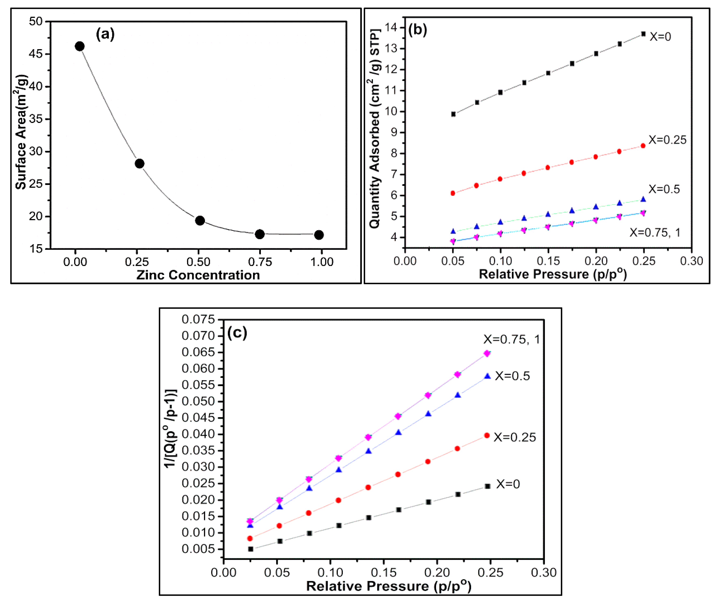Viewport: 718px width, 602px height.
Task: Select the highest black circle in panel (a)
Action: point(79,46)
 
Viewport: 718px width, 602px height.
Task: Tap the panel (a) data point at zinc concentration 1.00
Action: point(319,235)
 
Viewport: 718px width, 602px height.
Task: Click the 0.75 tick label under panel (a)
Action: point(260,262)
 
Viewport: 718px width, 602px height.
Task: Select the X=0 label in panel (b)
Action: point(660,37)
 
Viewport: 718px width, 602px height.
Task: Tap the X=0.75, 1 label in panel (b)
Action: point(655,233)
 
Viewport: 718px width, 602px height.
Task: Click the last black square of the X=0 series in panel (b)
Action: point(643,34)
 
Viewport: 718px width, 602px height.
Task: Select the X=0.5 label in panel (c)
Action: point(512,376)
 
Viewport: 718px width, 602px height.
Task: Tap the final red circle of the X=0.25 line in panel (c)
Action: point(487,436)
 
